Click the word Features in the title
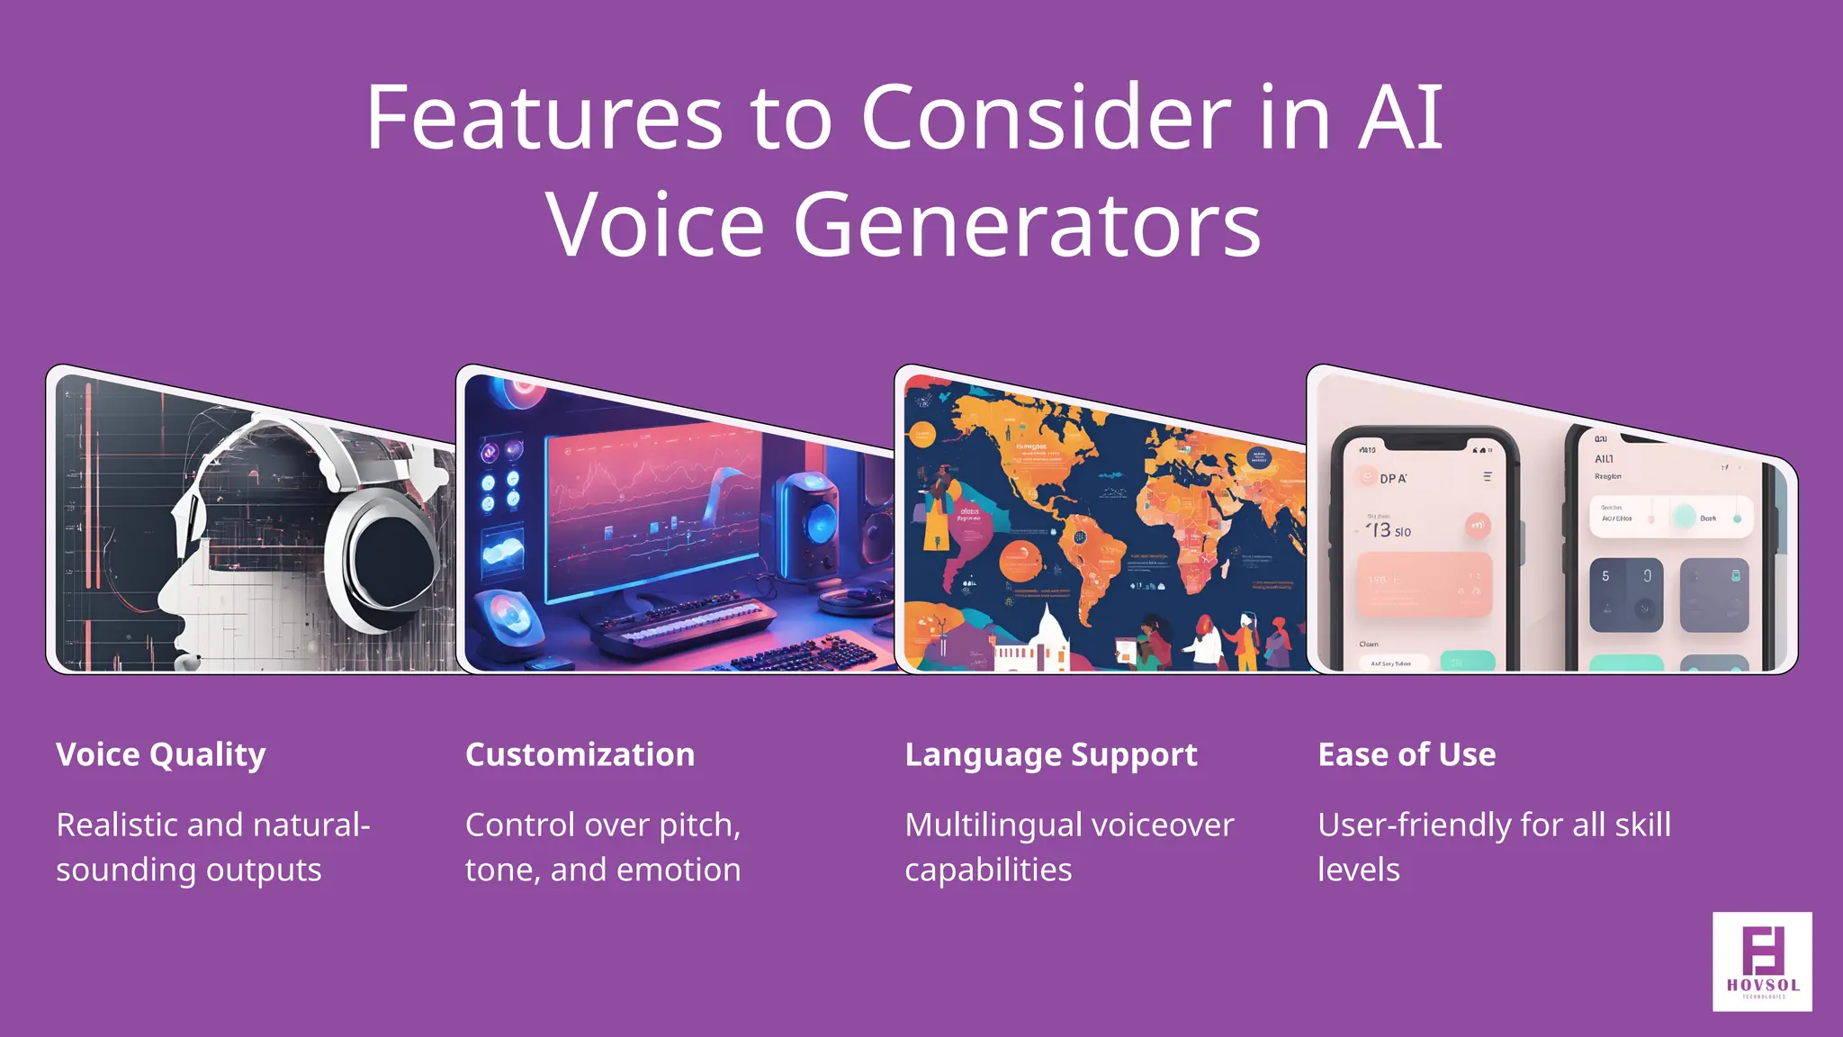tap(544, 118)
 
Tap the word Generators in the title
tap(1027, 225)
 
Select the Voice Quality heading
tap(161, 754)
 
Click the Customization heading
tap(580, 754)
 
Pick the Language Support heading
tap(1050, 754)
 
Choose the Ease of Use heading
tap(1406, 754)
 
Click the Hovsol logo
tap(1762, 961)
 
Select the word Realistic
tap(125, 825)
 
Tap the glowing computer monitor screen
tap(648, 513)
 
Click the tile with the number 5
tap(1624, 594)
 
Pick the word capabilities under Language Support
tap(987, 870)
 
